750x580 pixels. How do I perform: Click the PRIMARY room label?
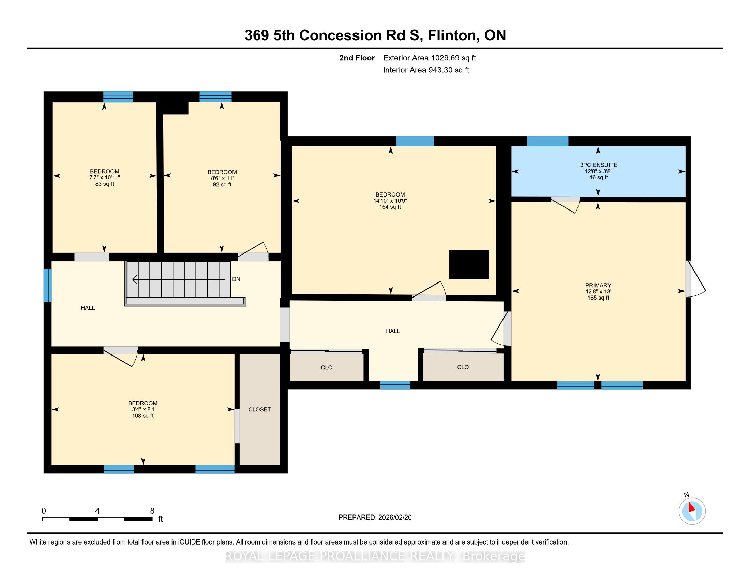click(598, 285)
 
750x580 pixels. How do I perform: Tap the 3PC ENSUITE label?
click(599, 165)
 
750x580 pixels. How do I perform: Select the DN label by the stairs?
click(236, 279)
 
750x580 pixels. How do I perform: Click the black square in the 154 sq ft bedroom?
click(469, 264)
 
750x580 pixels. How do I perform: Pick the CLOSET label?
click(260, 409)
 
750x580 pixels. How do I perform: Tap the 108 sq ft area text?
click(143, 416)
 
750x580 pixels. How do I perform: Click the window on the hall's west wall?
click(48, 285)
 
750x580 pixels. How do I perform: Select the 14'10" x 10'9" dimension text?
click(390, 201)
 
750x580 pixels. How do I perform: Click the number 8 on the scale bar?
click(152, 511)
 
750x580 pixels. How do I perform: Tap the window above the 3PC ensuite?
click(548, 141)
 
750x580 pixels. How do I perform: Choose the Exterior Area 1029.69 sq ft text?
click(430, 58)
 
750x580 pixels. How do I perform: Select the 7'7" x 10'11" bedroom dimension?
click(105, 178)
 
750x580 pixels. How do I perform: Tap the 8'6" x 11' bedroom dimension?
click(222, 178)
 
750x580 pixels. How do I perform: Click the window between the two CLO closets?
click(395, 385)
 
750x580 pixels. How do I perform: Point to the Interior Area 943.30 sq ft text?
click(426, 70)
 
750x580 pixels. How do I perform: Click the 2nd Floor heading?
click(357, 58)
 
